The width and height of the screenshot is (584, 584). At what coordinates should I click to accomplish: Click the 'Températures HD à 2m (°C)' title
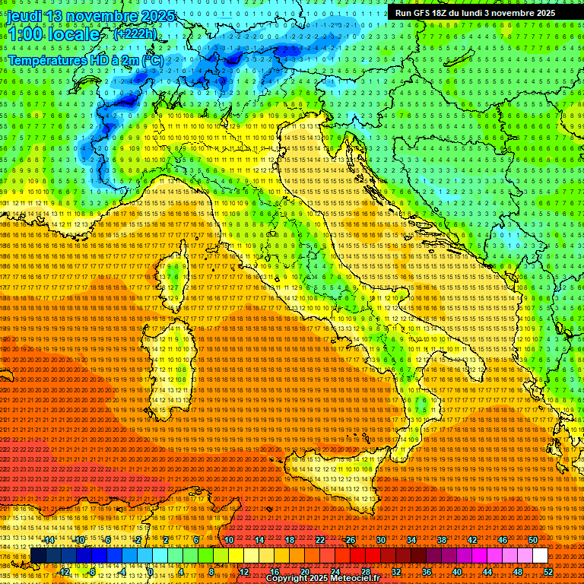[85, 59]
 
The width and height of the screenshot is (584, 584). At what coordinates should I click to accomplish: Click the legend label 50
[533, 540]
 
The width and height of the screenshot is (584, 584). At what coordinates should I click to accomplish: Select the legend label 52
[547, 572]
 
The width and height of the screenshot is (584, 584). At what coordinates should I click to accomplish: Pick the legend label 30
[381, 540]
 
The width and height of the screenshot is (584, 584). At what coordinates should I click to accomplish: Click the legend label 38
[442, 540]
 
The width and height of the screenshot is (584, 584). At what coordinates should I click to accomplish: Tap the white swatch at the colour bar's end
[540, 556]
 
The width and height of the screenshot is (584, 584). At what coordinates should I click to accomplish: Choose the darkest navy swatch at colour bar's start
[38, 556]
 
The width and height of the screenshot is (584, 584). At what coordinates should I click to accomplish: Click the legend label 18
[290, 540]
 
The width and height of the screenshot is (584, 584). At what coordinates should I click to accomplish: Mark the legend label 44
[487, 572]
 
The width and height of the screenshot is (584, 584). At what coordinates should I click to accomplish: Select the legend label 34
[411, 540]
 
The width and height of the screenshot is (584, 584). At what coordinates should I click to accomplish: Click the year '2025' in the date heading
[157, 15]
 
